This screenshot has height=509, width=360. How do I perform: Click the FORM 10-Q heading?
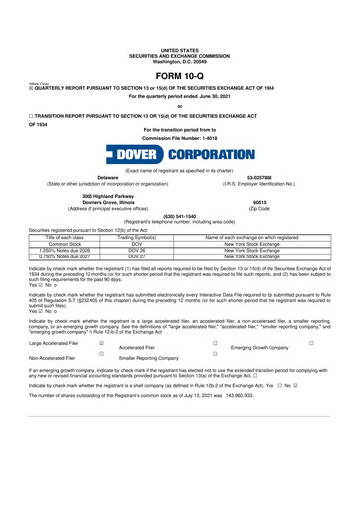click(x=180, y=76)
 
